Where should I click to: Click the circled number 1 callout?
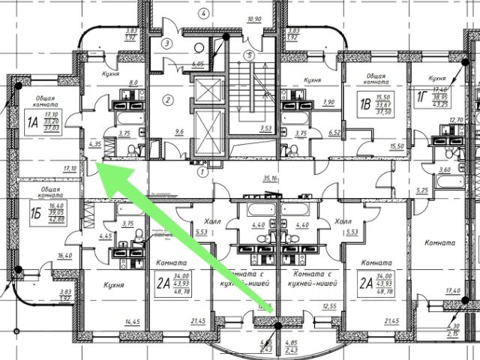click(200, 170)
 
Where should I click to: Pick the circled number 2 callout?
click(169, 100)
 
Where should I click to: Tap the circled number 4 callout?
click(202, 13)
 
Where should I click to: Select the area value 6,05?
click(198, 64)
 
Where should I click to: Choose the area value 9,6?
click(178, 132)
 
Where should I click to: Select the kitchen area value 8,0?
click(133, 83)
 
